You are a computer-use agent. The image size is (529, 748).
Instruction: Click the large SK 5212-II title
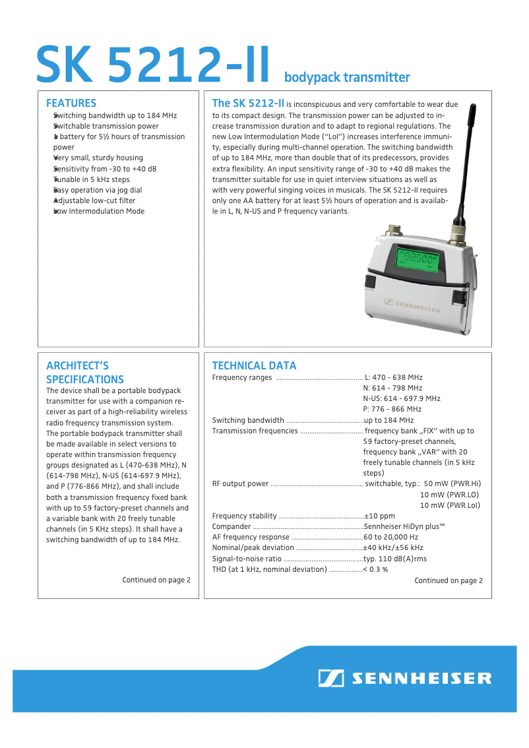pyautogui.click(x=153, y=64)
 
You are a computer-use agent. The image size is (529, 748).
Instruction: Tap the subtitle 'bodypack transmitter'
pyautogui.click(x=347, y=78)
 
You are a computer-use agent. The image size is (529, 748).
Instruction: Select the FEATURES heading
pyautogui.click(x=71, y=103)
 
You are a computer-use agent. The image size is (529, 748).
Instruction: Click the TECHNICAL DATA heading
pyautogui.click(x=254, y=365)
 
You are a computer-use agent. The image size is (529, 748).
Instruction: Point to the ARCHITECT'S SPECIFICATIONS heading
pyautogui.click(x=85, y=373)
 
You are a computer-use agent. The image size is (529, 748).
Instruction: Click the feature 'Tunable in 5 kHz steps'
pyautogui.click(x=92, y=179)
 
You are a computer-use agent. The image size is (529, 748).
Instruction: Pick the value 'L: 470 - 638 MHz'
pyautogui.click(x=393, y=377)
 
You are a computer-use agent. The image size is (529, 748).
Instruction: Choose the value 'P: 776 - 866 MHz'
pyautogui.click(x=392, y=409)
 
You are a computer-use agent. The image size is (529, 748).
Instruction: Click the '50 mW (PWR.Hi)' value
pyautogui.click(x=452, y=483)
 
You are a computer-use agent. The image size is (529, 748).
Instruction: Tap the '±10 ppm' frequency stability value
pyautogui.click(x=379, y=516)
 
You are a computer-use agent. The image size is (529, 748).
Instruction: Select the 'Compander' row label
pyautogui.click(x=232, y=526)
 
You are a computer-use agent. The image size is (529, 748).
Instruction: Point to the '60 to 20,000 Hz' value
pyautogui.click(x=390, y=537)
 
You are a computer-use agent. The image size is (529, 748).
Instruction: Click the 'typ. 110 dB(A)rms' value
pyautogui.click(x=394, y=558)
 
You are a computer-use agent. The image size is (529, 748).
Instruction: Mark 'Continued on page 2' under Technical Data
pyautogui.click(x=448, y=580)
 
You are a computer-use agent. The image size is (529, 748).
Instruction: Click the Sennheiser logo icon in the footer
pyautogui.click(x=330, y=678)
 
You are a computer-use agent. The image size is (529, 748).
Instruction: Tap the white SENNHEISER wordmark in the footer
pyautogui.click(x=421, y=678)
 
